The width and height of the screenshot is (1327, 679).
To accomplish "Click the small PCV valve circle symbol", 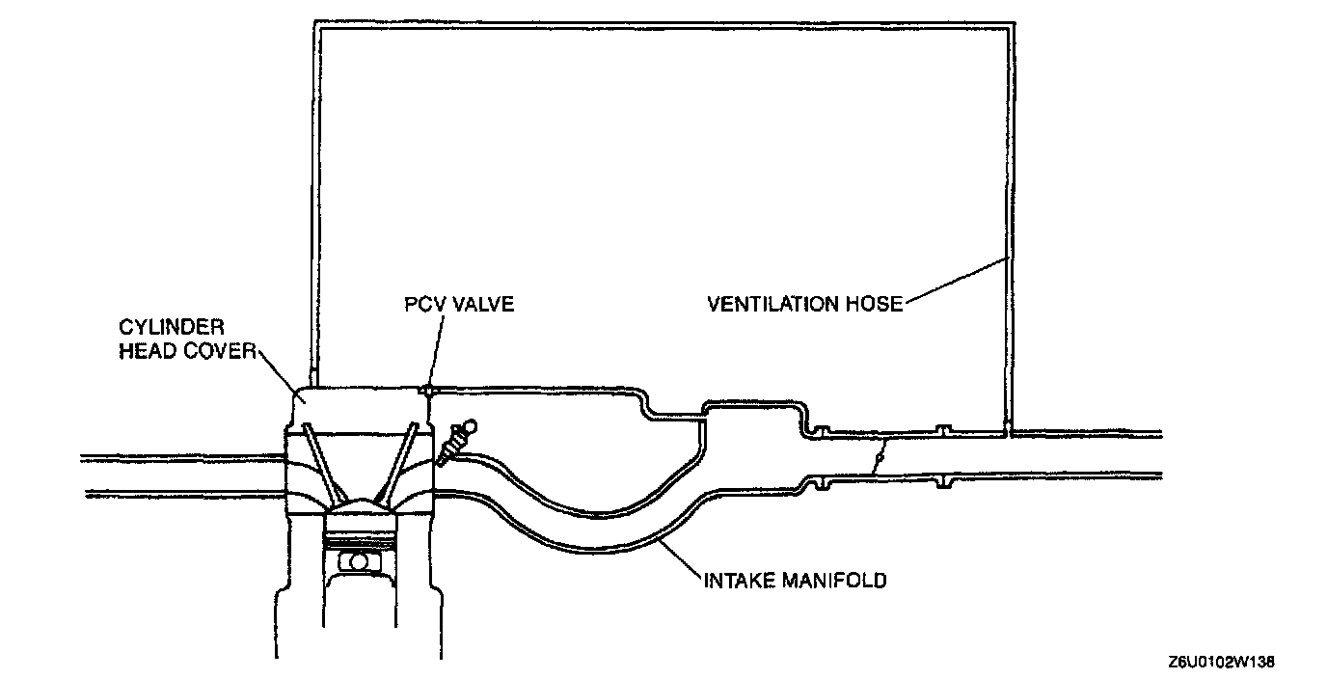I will tap(425, 390).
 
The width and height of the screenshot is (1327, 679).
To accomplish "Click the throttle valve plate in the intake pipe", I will tap(877, 456).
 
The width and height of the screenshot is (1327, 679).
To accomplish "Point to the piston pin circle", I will tap(359, 560).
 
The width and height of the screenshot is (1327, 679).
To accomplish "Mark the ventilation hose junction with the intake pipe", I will tap(1006, 425).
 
